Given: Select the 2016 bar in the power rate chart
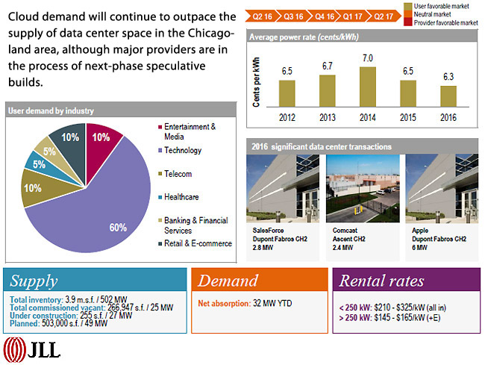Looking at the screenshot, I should click(x=448, y=97).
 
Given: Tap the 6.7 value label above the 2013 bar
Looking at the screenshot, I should click(x=327, y=66).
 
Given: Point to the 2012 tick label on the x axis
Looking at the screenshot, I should click(x=287, y=117).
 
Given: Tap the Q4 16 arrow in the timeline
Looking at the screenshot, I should click(x=325, y=15).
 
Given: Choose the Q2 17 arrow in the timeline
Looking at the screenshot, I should click(x=383, y=15).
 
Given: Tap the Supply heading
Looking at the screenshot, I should click(x=34, y=281).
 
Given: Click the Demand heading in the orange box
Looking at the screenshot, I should click(x=228, y=282).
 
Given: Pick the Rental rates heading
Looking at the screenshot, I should click(x=381, y=281).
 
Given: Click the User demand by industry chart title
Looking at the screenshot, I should click(x=51, y=110).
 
